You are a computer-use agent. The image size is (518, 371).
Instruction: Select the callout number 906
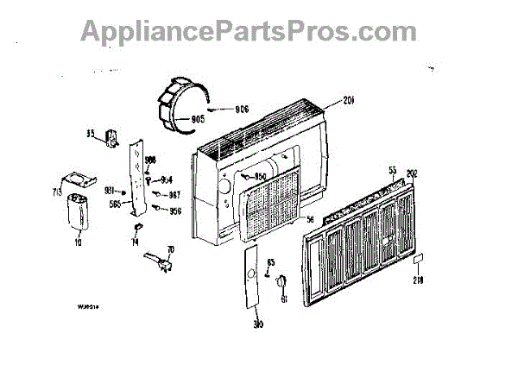[x=242, y=109]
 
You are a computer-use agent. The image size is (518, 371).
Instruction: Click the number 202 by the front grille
[x=412, y=173]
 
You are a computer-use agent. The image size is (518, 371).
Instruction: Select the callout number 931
[x=111, y=190]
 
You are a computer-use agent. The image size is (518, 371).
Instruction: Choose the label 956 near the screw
[x=175, y=211]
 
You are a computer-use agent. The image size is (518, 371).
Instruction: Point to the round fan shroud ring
[x=182, y=104]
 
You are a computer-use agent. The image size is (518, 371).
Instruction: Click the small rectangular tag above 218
[x=418, y=259]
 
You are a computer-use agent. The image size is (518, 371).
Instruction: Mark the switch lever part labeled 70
[x=155, y=260]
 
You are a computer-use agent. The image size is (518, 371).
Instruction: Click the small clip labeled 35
[x=111, y=138]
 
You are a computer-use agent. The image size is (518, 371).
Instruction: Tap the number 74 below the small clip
[x=135, y=244]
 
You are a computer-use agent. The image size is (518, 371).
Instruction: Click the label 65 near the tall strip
[x=270, y=261]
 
